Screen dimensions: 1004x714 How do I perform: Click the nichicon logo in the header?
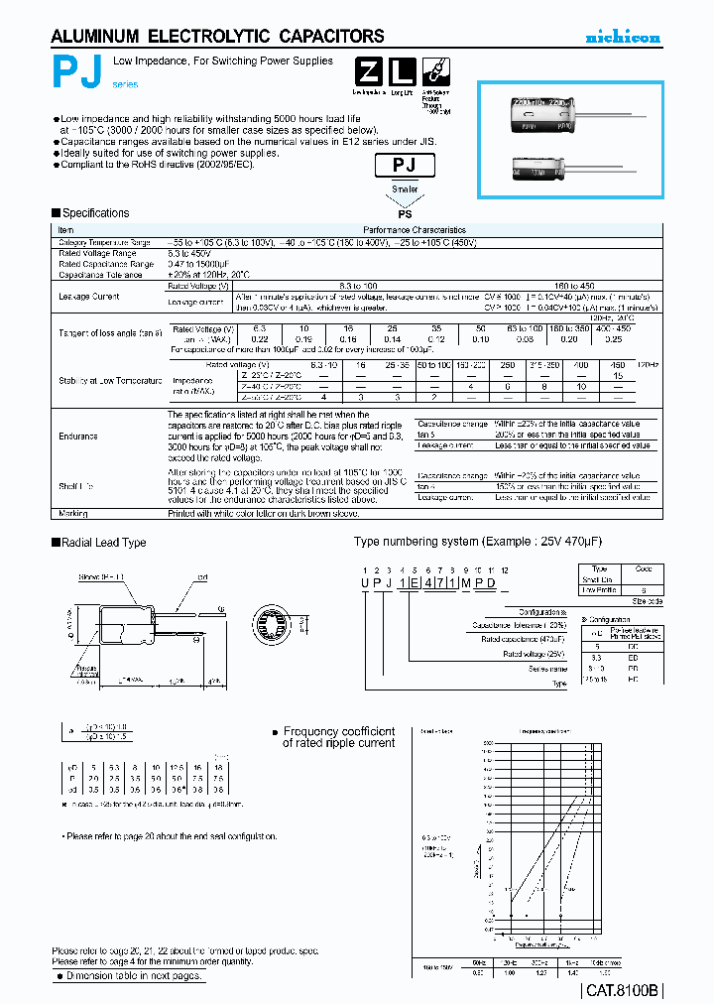pyautogui.click(x=622, y=38)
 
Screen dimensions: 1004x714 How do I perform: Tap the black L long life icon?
pyautogui.click(x=400, y=72)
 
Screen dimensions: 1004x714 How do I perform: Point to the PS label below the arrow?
pyautogui.click(x=404, y=211)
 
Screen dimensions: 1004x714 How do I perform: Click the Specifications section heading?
pyautogui.click(x=94, y=213)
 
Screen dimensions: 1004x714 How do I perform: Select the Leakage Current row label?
pyautogui.click(x=87, y=297)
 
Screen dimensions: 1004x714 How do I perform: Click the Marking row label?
pyautogui.click(x=73, y=514)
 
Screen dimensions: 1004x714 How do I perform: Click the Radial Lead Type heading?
pyautogui.click(x=103, y=543)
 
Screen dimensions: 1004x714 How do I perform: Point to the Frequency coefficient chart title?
pyautogui.click(x=338, y=737)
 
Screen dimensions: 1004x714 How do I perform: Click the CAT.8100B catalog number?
pyautogui.click(x=622, y=989)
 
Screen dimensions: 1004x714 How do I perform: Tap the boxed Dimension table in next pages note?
pyautogui.click(x=130, y=975)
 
